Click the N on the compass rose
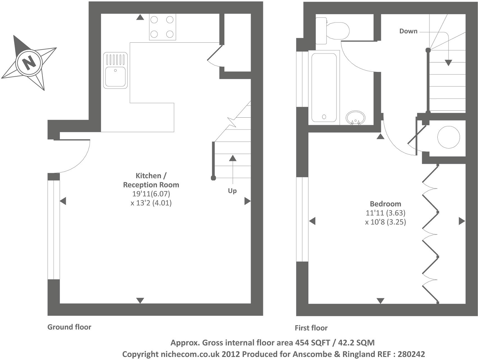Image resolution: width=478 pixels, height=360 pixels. (x=29, y=63)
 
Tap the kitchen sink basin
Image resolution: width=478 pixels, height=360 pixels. (x=115, y=77)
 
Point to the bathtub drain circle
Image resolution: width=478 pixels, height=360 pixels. (x=324, y=117)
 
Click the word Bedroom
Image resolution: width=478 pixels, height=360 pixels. (x=385, y=204)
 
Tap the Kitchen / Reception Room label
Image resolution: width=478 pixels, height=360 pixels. (x=151, y=180)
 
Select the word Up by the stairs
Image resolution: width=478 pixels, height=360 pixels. (x=232, y=191)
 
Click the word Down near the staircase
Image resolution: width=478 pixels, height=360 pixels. (x=408, y=31)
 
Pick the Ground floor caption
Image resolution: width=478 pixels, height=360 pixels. (x=69, y=327)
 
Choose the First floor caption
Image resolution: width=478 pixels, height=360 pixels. (x=311, y=328)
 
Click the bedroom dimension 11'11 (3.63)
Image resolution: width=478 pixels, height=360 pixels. (x=385, y=213)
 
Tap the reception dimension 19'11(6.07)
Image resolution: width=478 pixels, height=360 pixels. (x=151, y=194)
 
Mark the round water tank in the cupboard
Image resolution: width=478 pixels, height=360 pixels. (x=448, y=137)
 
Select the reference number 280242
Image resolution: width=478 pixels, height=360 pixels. (x=411, y=354)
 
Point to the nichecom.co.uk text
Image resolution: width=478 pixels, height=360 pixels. (x=190, y=354)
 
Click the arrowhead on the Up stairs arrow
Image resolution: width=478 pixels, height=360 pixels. (x=233, y=158)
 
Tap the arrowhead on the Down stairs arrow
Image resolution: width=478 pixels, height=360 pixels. (x=448, y=63)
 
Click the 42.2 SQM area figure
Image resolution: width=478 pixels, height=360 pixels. (x=356, y=343)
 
